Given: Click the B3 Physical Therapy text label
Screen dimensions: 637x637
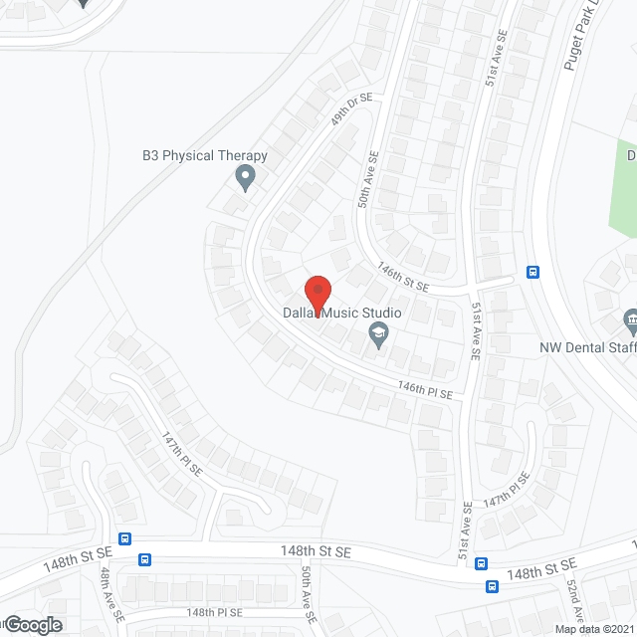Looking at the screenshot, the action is [204, 155].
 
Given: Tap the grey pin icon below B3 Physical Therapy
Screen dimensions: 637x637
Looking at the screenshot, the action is [245, 179].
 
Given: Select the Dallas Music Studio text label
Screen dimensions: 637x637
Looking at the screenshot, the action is [342, 313].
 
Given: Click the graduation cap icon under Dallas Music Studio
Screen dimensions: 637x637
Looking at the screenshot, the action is [377, 338].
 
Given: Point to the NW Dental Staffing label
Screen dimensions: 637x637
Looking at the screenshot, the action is [587, 348].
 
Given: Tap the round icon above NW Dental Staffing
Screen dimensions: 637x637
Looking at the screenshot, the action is [630, 321].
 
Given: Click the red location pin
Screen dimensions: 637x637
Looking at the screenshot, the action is [317, 294].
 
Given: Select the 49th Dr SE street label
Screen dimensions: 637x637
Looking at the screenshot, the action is [352, 106].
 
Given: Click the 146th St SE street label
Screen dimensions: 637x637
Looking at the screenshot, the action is [403, 277].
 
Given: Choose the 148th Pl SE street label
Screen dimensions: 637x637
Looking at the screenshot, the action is [214, 612].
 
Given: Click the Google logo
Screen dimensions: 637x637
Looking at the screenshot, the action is [32, 624].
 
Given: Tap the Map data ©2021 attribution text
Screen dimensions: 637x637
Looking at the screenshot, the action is [594, 629].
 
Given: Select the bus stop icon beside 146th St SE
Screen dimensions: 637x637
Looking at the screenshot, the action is [532, 272].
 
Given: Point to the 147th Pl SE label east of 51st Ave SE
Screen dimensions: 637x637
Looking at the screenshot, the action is [507, 492].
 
